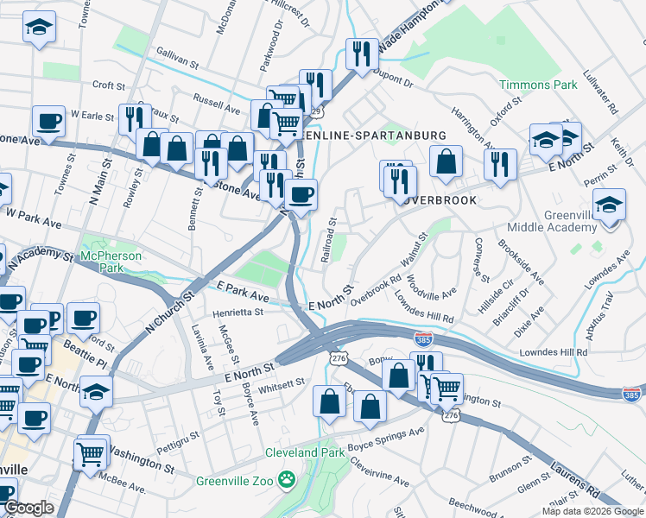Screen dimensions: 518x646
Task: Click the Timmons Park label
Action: pyautogui.click(x=538, y=85)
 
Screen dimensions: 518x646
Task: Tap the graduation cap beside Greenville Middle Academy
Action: pyautogui.click(x=609, y=205)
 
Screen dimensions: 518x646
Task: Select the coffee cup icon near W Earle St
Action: pyautogui.click(x=49, y=122)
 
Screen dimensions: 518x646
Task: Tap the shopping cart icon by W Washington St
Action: pyautogui.click(x=91, y=451)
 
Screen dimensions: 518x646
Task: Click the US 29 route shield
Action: pyautogui.click(x=317, y=112)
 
